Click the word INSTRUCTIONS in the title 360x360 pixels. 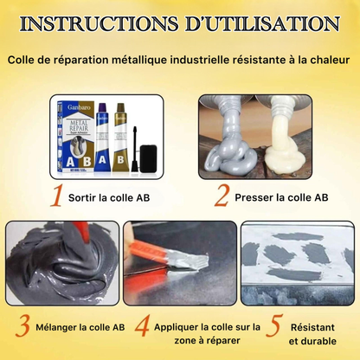(x=99, y=24)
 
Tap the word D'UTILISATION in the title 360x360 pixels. (x=262, y=24)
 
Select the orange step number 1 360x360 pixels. (x=56, y=196)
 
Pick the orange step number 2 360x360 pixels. (x=222, y=196)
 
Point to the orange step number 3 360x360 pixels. (x=22, y=326)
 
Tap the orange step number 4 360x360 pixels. (x=142, y=326)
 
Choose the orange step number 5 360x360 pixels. (x=273, y=326)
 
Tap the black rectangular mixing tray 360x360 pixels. (x=148, y=158)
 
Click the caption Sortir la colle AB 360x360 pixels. (x=109, y=198)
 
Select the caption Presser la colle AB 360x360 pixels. (x=281, y=197)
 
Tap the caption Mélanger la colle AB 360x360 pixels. (x=80, y=327)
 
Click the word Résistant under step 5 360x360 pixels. (x=312, y=327)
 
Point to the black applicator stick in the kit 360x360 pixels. (x=134, y=149)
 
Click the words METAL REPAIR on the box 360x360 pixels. (x=79, y=125)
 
